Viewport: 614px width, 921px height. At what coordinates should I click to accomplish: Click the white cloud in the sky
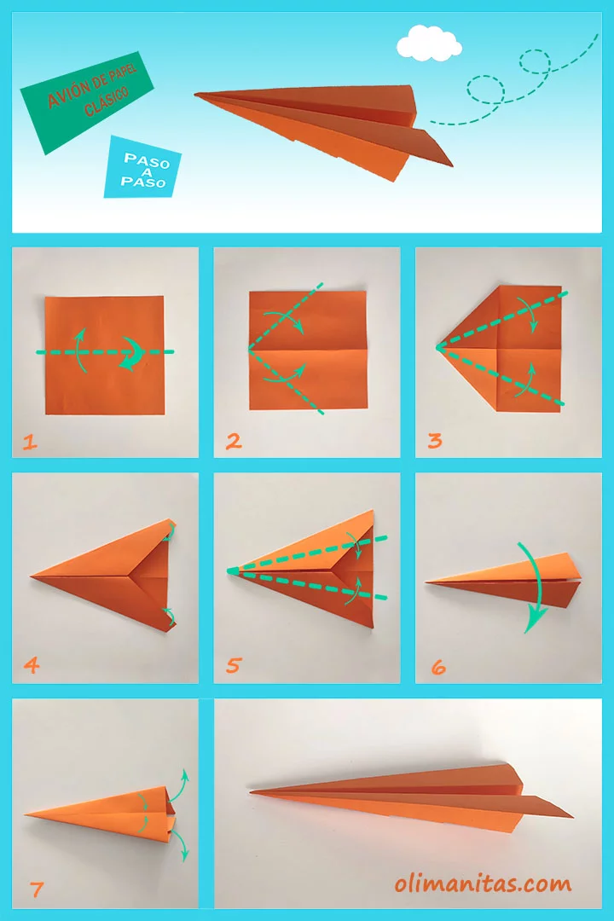click(x=429, y=42)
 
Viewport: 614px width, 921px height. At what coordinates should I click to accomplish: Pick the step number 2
click(x=233, y=442)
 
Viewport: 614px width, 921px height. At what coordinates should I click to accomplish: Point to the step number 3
click(x=435, y=442)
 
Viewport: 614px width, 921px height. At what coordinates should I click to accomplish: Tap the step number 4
click(x=31, y=666)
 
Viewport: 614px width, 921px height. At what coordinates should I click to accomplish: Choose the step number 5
click(x=233, y=666)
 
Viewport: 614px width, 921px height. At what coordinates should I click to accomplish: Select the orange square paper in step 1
click(x=104, y=384)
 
